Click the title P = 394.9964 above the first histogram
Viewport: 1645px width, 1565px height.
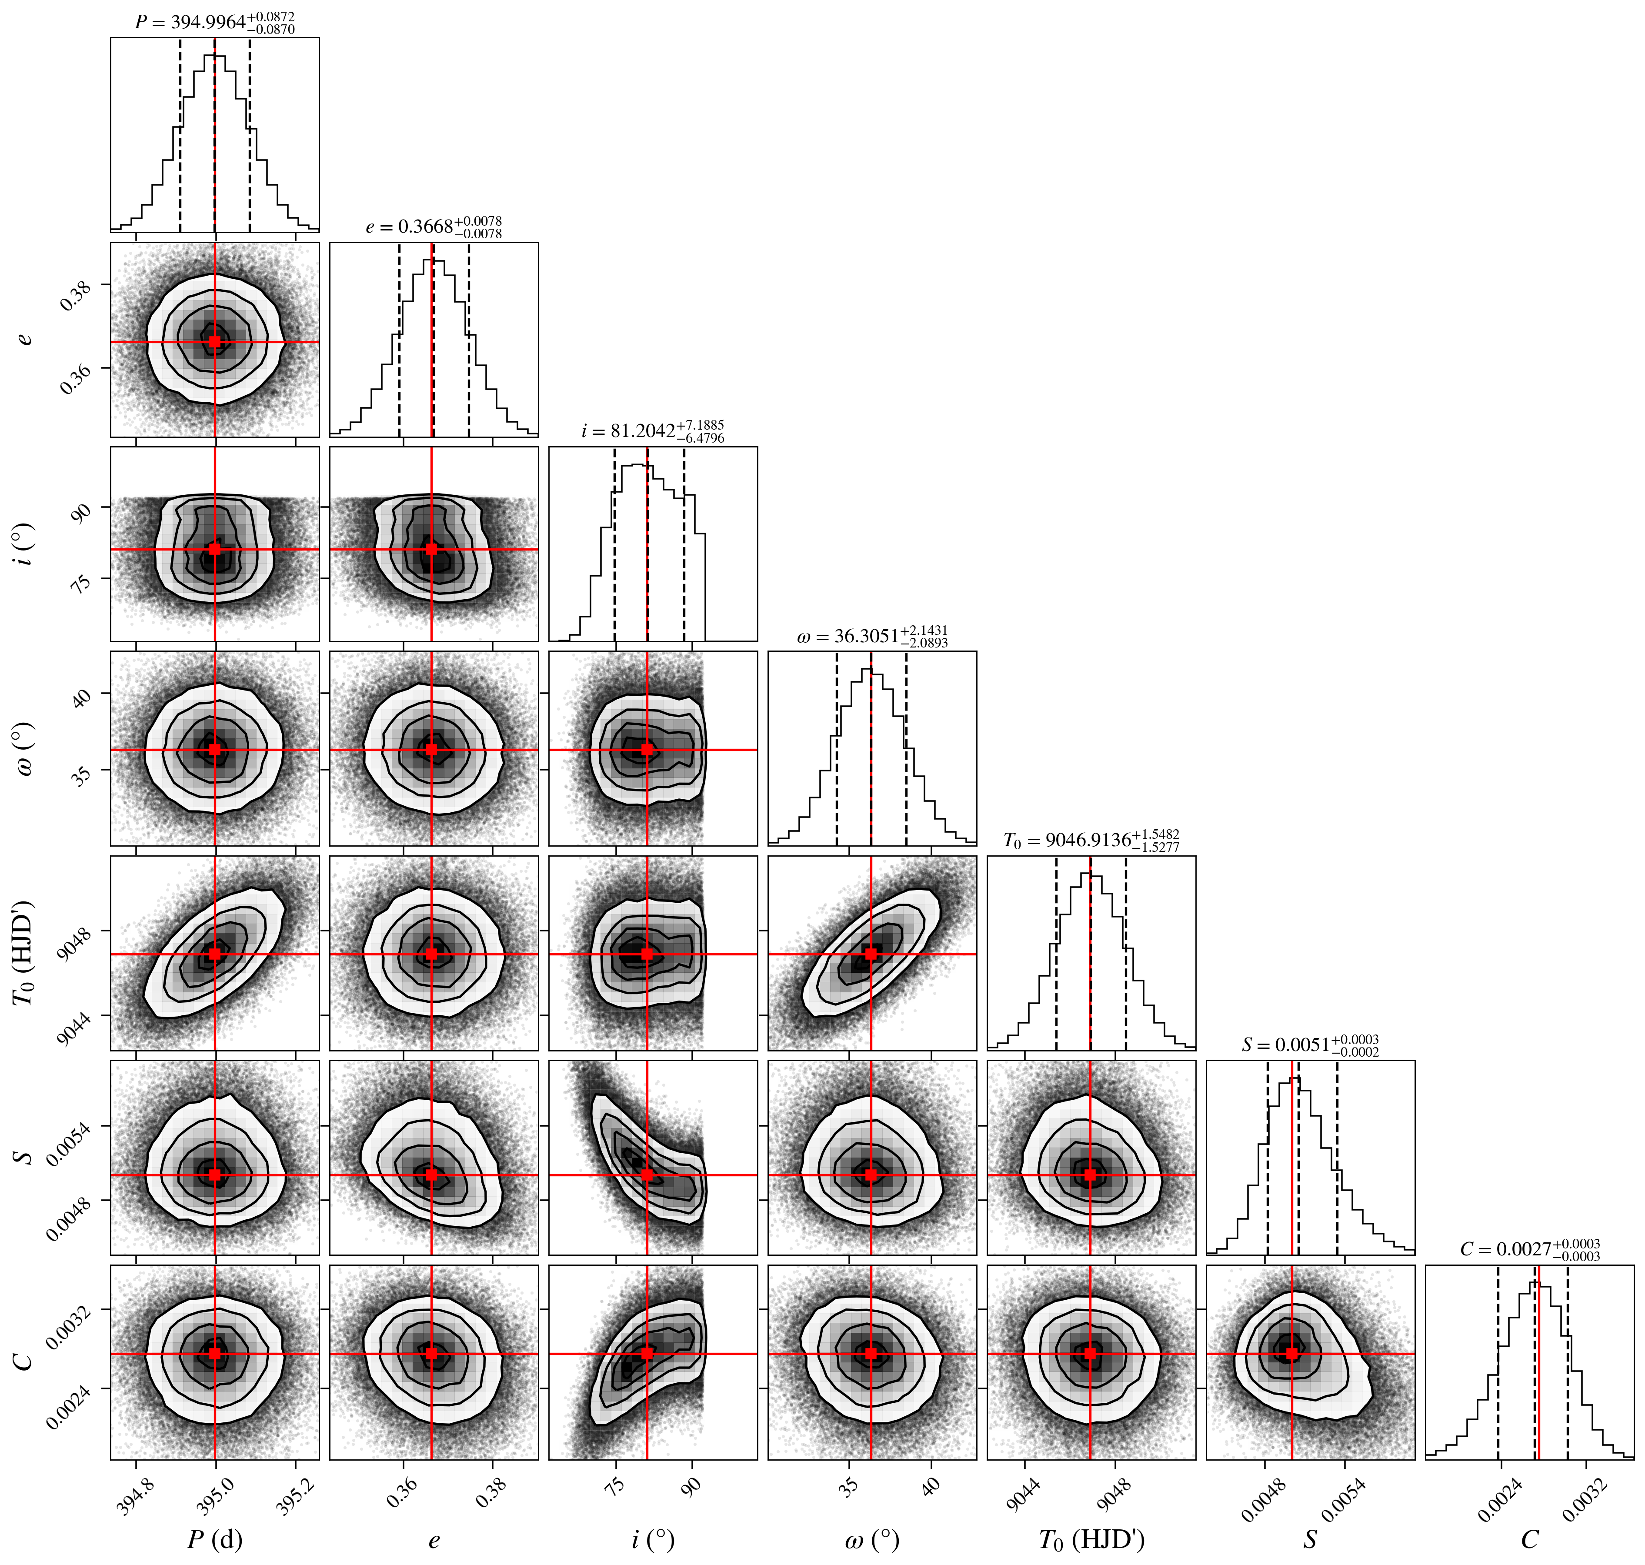tap(215, 23)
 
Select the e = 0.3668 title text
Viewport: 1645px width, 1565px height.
tap(434, 227)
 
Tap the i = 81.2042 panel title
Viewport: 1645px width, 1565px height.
tap(653, 431)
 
